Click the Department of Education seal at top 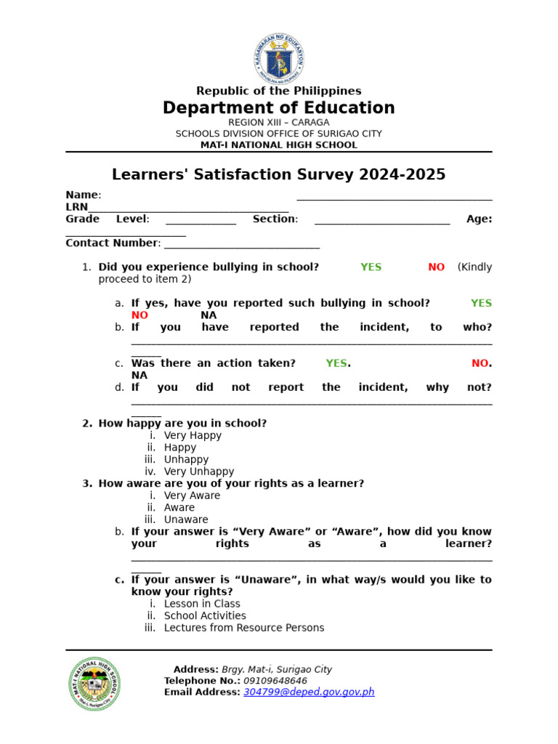[x=279, y=58]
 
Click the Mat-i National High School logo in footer [x=94, y=684]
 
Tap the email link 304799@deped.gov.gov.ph [x=309, y=692]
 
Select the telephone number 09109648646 [x=275, y=681]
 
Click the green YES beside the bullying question [x=371, y=267]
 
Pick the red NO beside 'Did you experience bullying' [x=436, y=267]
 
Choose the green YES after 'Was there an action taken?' [x=336, y=363]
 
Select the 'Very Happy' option [x=193, y=436]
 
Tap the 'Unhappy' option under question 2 [x=186, y=460]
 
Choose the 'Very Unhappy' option [x=199, y=472]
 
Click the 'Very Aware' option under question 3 [x=192, y=496]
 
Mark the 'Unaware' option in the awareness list [x=186, y=519]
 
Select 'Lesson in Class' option [x=202, y=604]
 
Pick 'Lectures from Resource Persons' [x=244, y=628]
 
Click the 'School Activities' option [x=205, y=616]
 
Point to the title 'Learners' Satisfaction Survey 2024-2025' [x=279, y=175]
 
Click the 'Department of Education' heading [x=279, y=108]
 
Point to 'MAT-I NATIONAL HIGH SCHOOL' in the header [x=279, y=145]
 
